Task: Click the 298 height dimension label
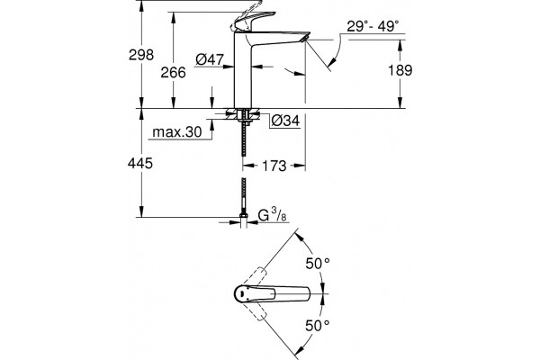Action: point(141,55)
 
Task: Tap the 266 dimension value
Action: point(173,72)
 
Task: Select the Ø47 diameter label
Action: point(210,59)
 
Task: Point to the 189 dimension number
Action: point(400,70)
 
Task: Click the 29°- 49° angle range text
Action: point(373,26)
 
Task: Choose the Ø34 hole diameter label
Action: point(285,121)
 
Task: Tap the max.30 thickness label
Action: point(177,131)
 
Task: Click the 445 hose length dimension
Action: point(140,163)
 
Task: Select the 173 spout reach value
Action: point(274,166)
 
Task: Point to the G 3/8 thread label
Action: point(272,215)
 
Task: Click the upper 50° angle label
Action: point(318,264)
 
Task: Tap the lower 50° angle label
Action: point(318,325)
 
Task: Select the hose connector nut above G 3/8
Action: point(244,215)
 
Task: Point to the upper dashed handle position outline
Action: point(255,276)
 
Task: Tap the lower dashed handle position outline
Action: point(255,310)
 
